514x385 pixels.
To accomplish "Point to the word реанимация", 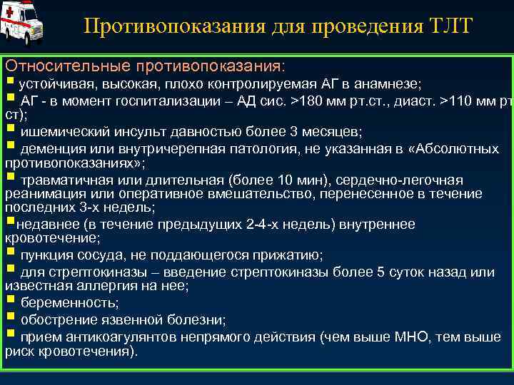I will (40, 193).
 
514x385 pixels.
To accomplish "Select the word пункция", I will (45, 255).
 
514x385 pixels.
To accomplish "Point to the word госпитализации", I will (171, 100).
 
